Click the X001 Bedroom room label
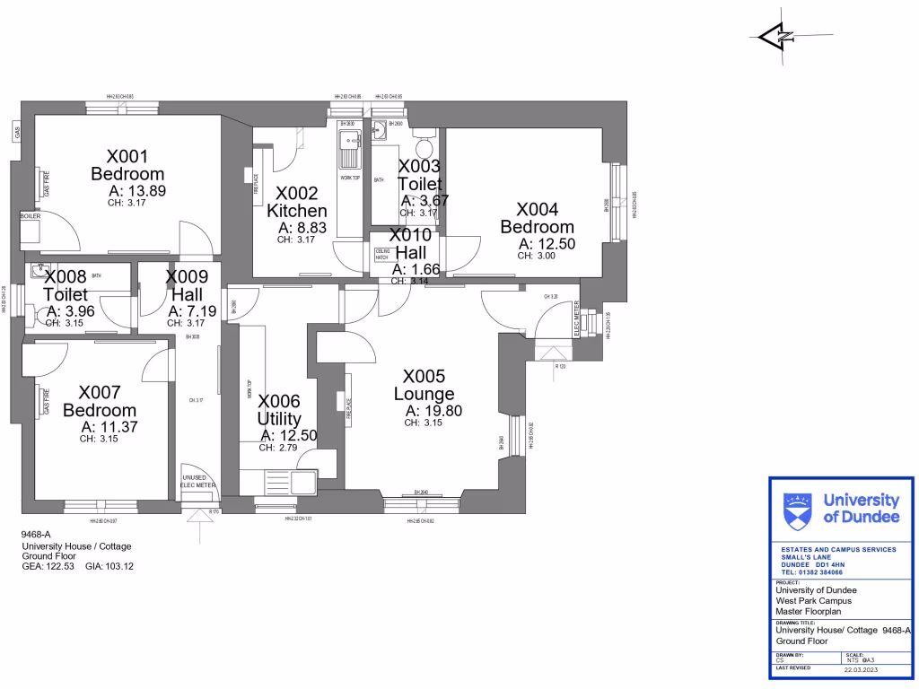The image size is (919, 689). pos(127,165)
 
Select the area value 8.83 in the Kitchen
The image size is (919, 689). pos(302,228)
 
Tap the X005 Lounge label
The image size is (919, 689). pos(424,385)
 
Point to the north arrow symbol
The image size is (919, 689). pos(775,37)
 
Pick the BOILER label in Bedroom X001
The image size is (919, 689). pos(30,216)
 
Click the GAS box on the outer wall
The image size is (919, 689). pos(16,133)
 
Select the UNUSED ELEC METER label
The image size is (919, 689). pos(198,482)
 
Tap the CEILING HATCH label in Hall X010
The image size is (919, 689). pos(381,254)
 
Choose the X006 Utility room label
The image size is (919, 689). pos(279,410)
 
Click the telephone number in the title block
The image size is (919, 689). pos(811,571)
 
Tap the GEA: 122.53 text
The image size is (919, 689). pos(50,567)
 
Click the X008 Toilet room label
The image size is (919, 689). pos(66,285)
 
